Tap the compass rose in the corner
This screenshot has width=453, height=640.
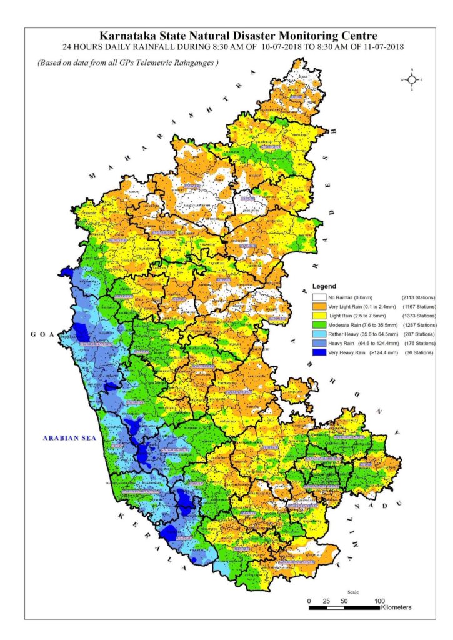tap(412, 79)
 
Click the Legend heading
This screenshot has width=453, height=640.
tap(324, 286)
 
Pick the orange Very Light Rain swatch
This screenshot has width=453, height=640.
tap(319, 307)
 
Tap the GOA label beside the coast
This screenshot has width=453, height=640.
tap(39, 335)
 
